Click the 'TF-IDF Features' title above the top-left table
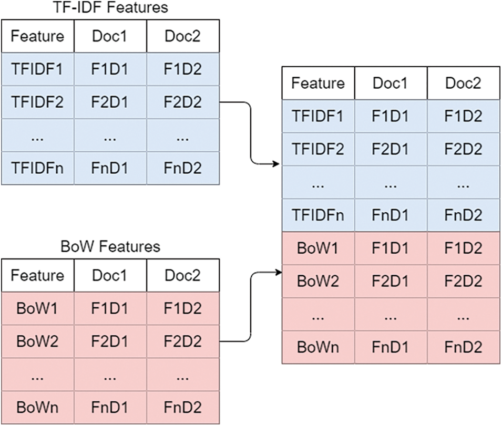[x=110, y=7]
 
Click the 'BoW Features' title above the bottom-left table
[x=110, y=246]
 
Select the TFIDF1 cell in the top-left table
[x=37, y=69]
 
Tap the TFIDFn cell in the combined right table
[x=318, y=215]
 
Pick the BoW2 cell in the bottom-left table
[x=37, y=341]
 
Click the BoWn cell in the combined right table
[x=318, y=347]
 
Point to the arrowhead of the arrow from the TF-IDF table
[x=276, y=164]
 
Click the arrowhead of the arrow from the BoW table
[x=278, y=273]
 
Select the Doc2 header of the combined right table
[x=463, y=83]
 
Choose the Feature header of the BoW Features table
[x=37, y=275]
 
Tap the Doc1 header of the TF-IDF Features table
[x=110, y=36]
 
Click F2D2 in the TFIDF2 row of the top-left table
[x=183, y=102]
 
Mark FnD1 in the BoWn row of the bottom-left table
[x=110, y=408]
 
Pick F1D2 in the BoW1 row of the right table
[x=463, y=248]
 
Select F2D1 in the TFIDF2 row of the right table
[x=391, y=149]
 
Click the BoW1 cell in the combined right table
[x=318, y=248]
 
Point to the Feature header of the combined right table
[x=318, y=83]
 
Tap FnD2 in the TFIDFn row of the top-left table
[x=183, y=168]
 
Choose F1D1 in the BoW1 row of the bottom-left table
[x=110, y=308]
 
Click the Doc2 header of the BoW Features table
[x=183, y=275]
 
